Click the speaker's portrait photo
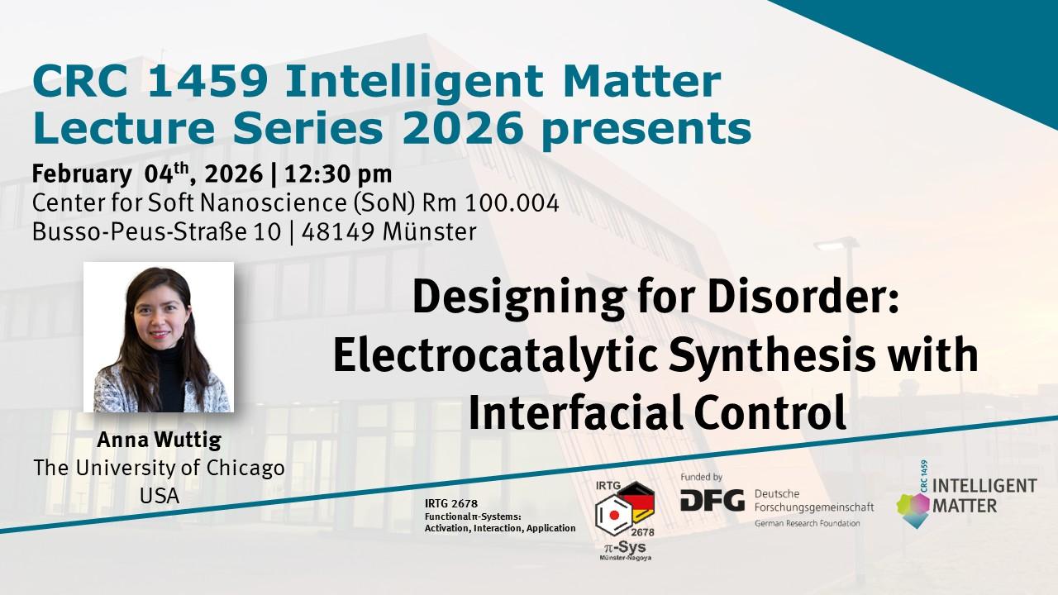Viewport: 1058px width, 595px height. click(x=159, y=337)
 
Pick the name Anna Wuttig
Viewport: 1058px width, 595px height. click(x=159, y=440)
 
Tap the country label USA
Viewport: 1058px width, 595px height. click(x=159, y=497)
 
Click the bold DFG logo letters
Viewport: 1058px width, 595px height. click(x=712, y=500)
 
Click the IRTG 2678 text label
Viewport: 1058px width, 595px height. click(x=450, y=503)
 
